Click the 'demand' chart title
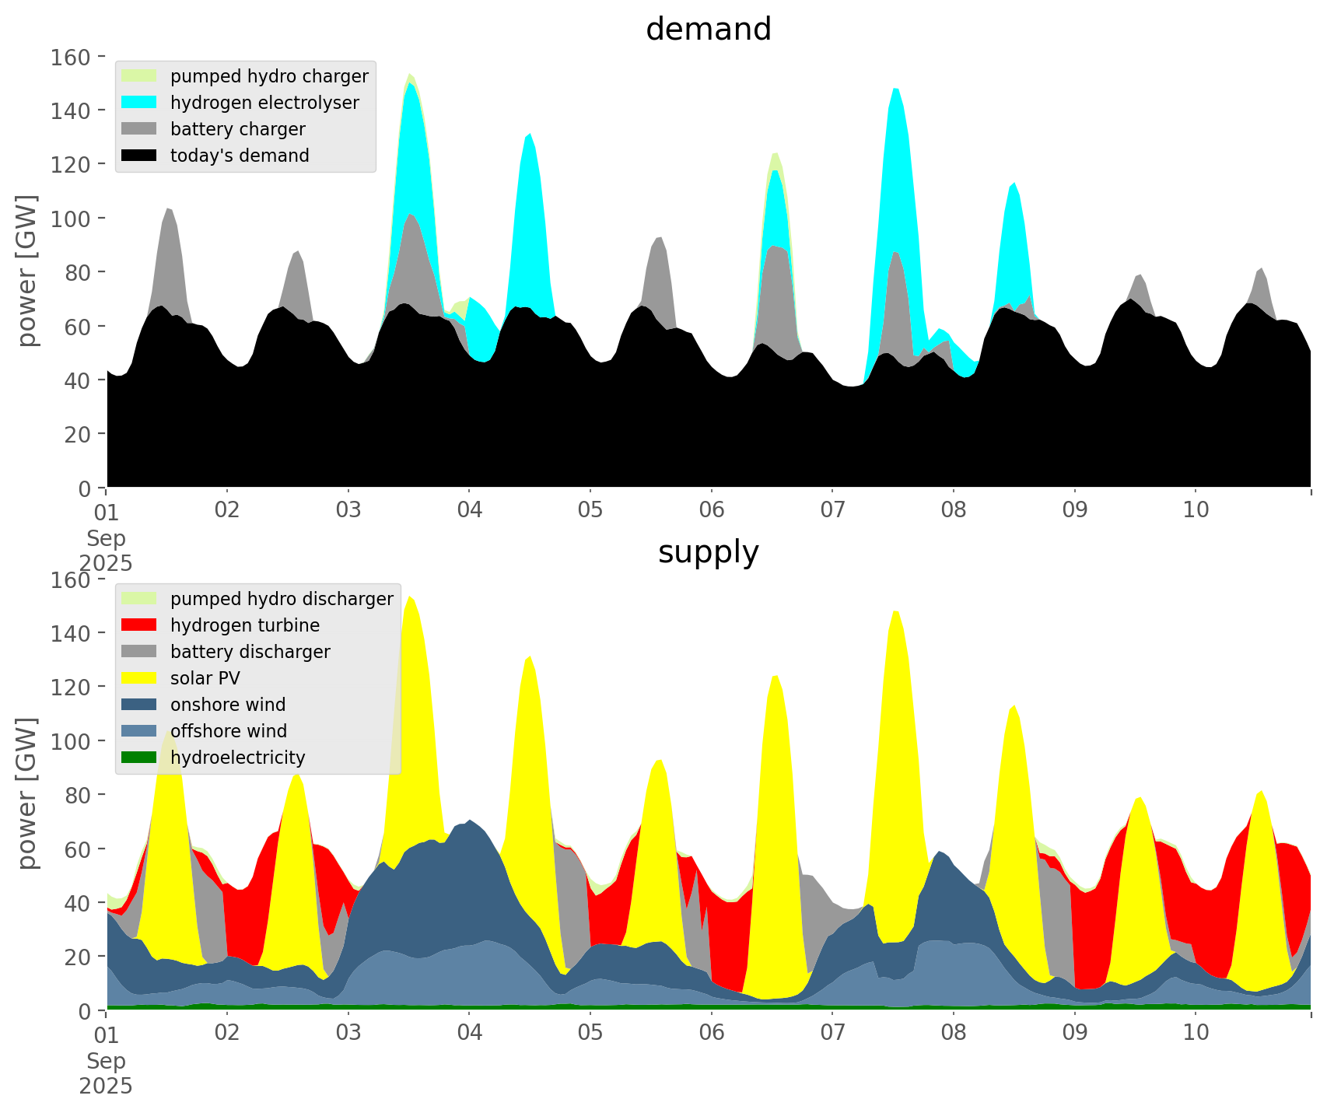coord(708,30)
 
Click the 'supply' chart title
coord(708,552)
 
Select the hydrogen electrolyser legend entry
coord(264,103)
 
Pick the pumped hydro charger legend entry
coord(269,76)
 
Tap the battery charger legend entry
coord(237,129)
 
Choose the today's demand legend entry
coord(240,156)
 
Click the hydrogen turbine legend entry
coord(244,625)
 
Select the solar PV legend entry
coord(205,678)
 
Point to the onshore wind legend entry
coord(228,705)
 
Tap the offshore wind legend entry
coord(229,731)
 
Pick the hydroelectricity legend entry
coord(237,758)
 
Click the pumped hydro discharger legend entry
coord(282,599)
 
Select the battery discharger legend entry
coord(250,652)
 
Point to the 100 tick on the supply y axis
coord(71,741)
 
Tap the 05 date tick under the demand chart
coord(590,510)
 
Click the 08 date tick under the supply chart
coord(954,1033)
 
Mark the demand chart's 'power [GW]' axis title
coord(27,271)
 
